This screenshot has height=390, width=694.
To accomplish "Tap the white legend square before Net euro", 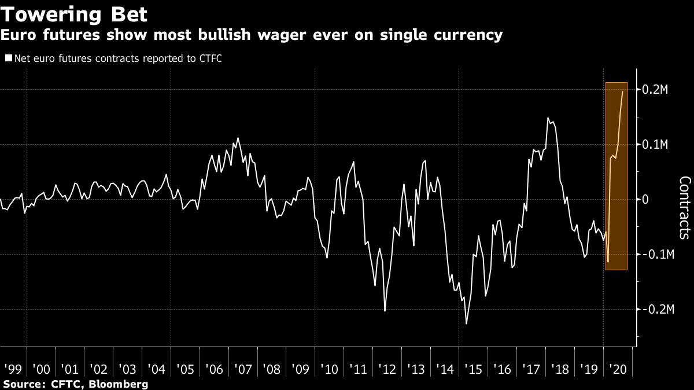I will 8,58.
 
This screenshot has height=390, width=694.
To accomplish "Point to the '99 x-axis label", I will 12,368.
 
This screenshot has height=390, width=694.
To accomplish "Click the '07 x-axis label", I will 242,368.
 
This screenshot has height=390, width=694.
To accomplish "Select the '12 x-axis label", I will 386,368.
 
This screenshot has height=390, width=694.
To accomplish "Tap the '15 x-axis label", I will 472,368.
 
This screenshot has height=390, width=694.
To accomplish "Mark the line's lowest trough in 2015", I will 466,323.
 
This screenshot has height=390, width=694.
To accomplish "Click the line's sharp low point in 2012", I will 385,311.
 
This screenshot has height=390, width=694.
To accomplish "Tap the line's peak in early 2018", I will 547,118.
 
